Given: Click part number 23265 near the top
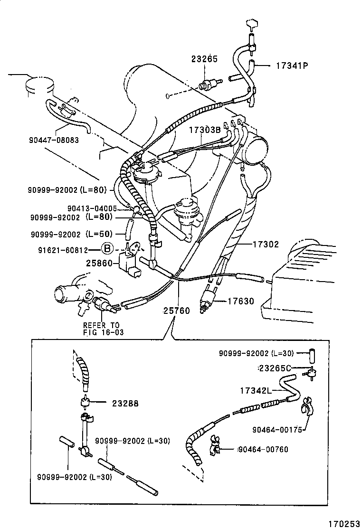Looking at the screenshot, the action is (x=204, y=59).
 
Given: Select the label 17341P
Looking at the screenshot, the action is (x=292, y=66).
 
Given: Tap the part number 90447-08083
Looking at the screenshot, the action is (x=54, y=140).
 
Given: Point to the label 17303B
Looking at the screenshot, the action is (x=205, y=130).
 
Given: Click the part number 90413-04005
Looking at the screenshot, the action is (x=92, y=208).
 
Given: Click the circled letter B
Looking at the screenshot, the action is (x=107, y=249).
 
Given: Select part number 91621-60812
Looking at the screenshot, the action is (x=63, y=250).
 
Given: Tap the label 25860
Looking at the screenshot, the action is (x=99, y=263).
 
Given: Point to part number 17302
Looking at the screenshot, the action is (x=266, y=244).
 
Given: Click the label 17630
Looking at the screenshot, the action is (x=241, y=301).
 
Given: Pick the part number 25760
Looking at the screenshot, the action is (x=176, y=311).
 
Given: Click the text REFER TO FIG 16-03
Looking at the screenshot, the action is (x=104, y=329).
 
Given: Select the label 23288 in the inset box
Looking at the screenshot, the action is (x=125, y=403).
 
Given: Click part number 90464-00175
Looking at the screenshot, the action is (x=277, y=430).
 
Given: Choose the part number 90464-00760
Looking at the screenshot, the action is (x=263, y=449).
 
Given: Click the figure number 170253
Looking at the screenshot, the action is (x=344, y=524).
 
